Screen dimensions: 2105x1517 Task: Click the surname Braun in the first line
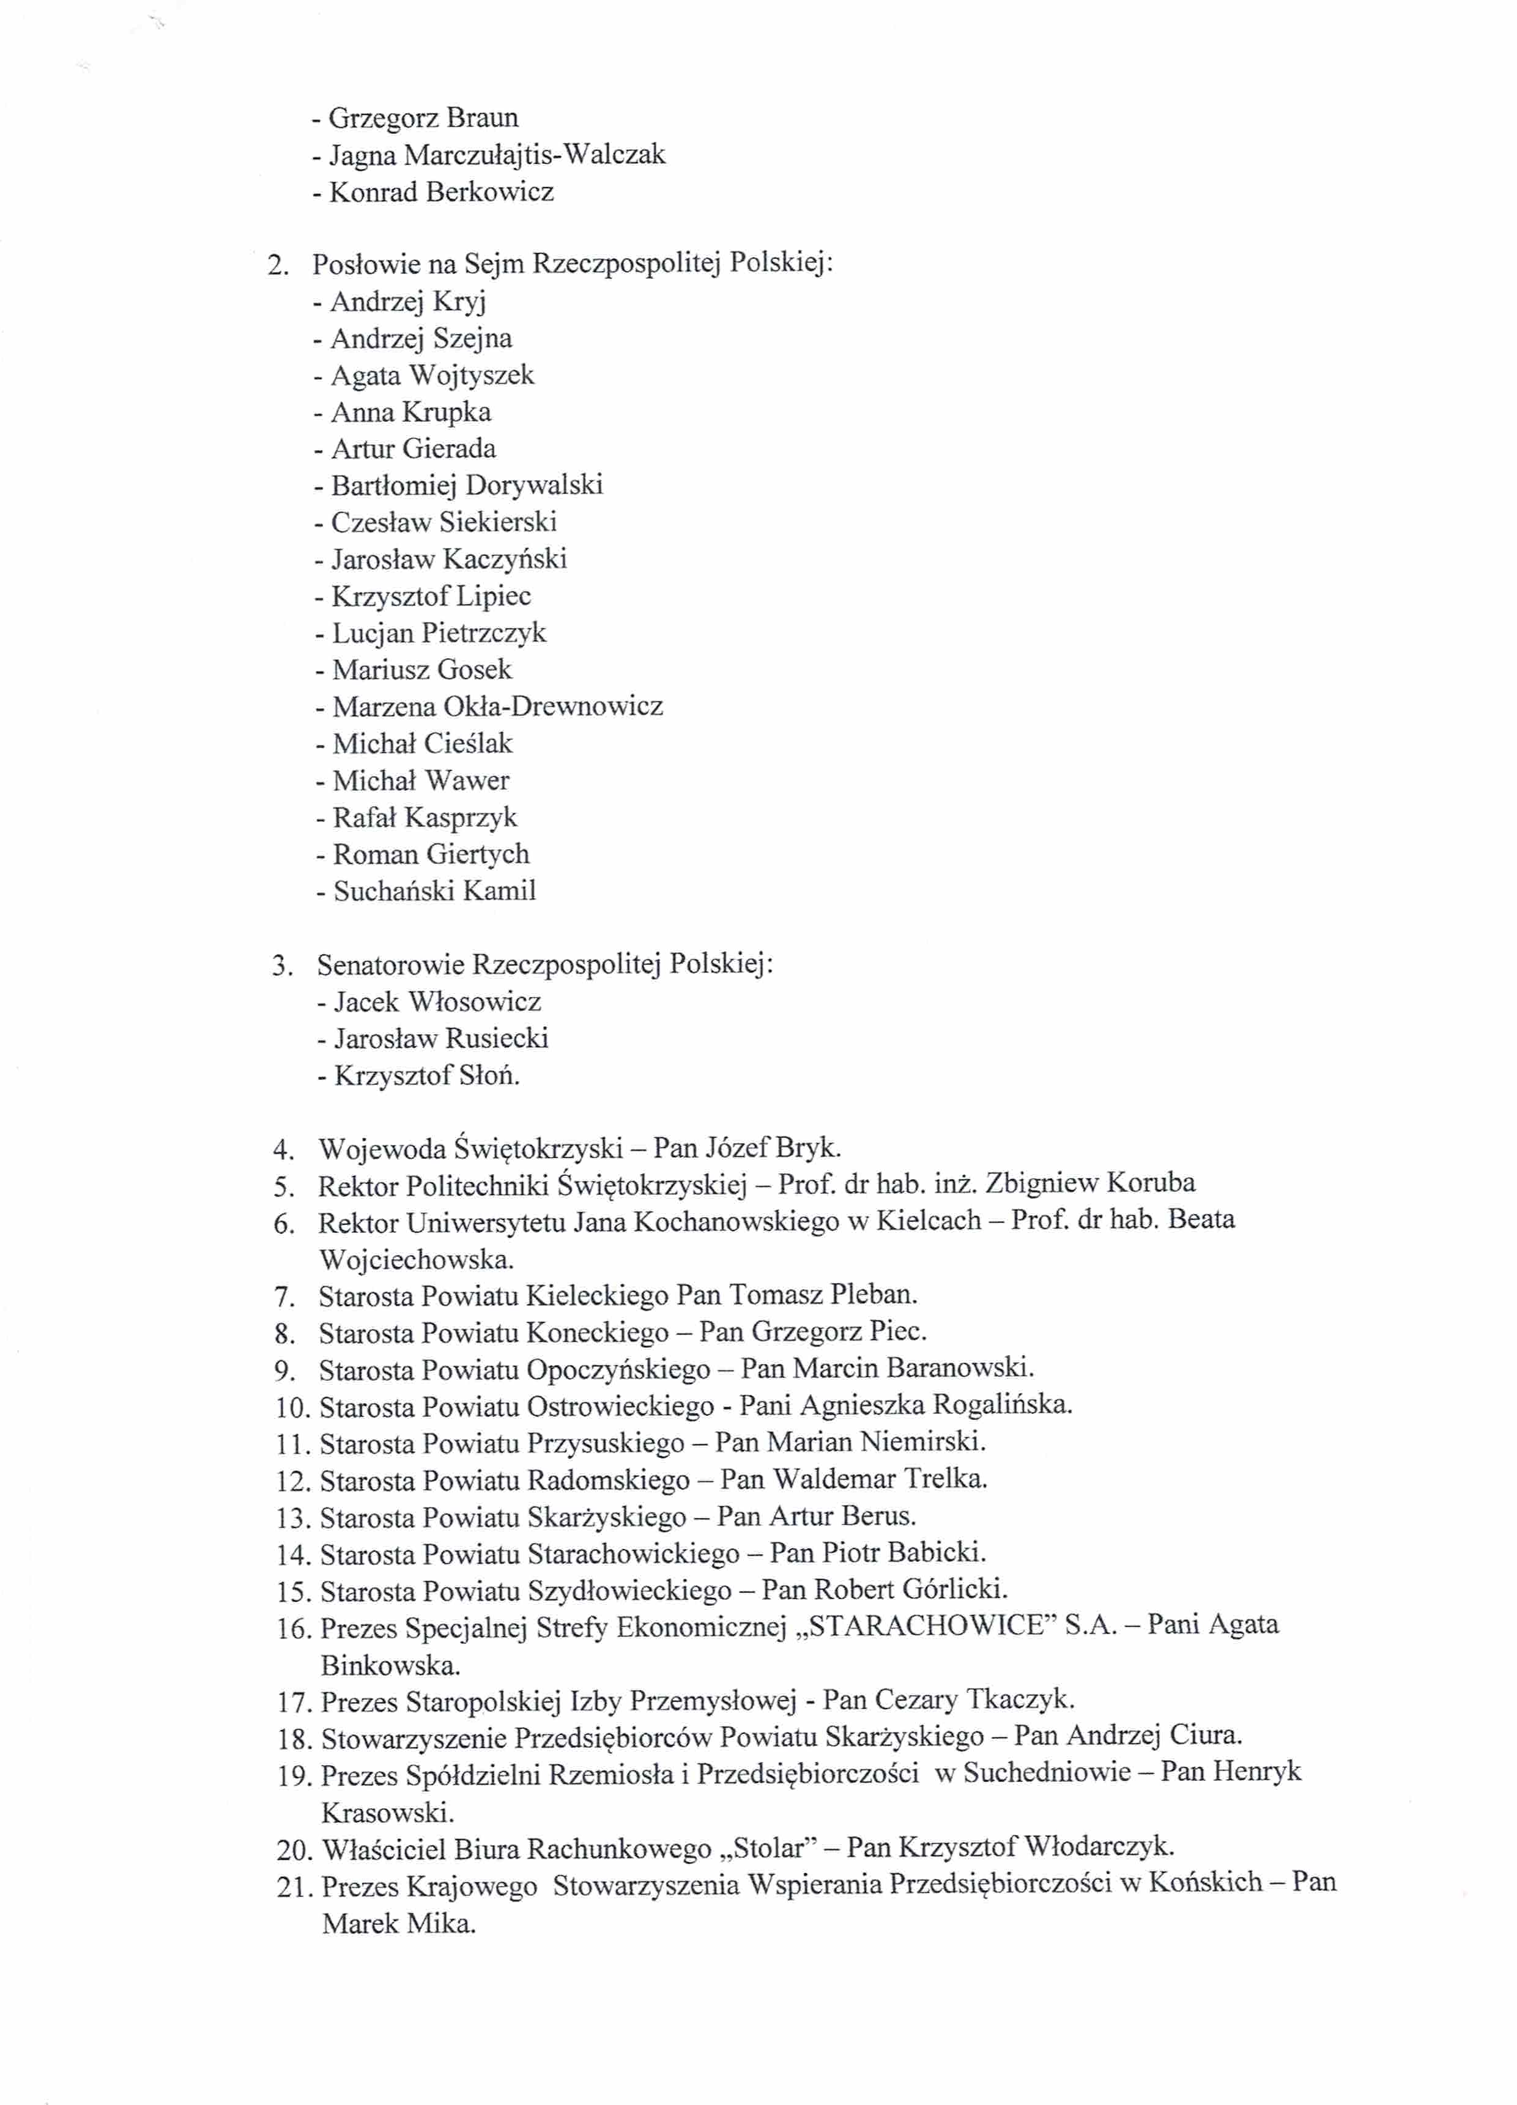(x=482, y=118)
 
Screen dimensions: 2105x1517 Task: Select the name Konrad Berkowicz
(x=441, y=192)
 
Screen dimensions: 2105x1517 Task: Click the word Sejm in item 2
(x=495, y=265)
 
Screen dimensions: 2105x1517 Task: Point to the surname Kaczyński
(x=504, y=559)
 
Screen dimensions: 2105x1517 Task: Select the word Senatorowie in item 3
(x=391, y=965)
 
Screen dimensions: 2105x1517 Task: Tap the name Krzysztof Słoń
(x=426, y=1076)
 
